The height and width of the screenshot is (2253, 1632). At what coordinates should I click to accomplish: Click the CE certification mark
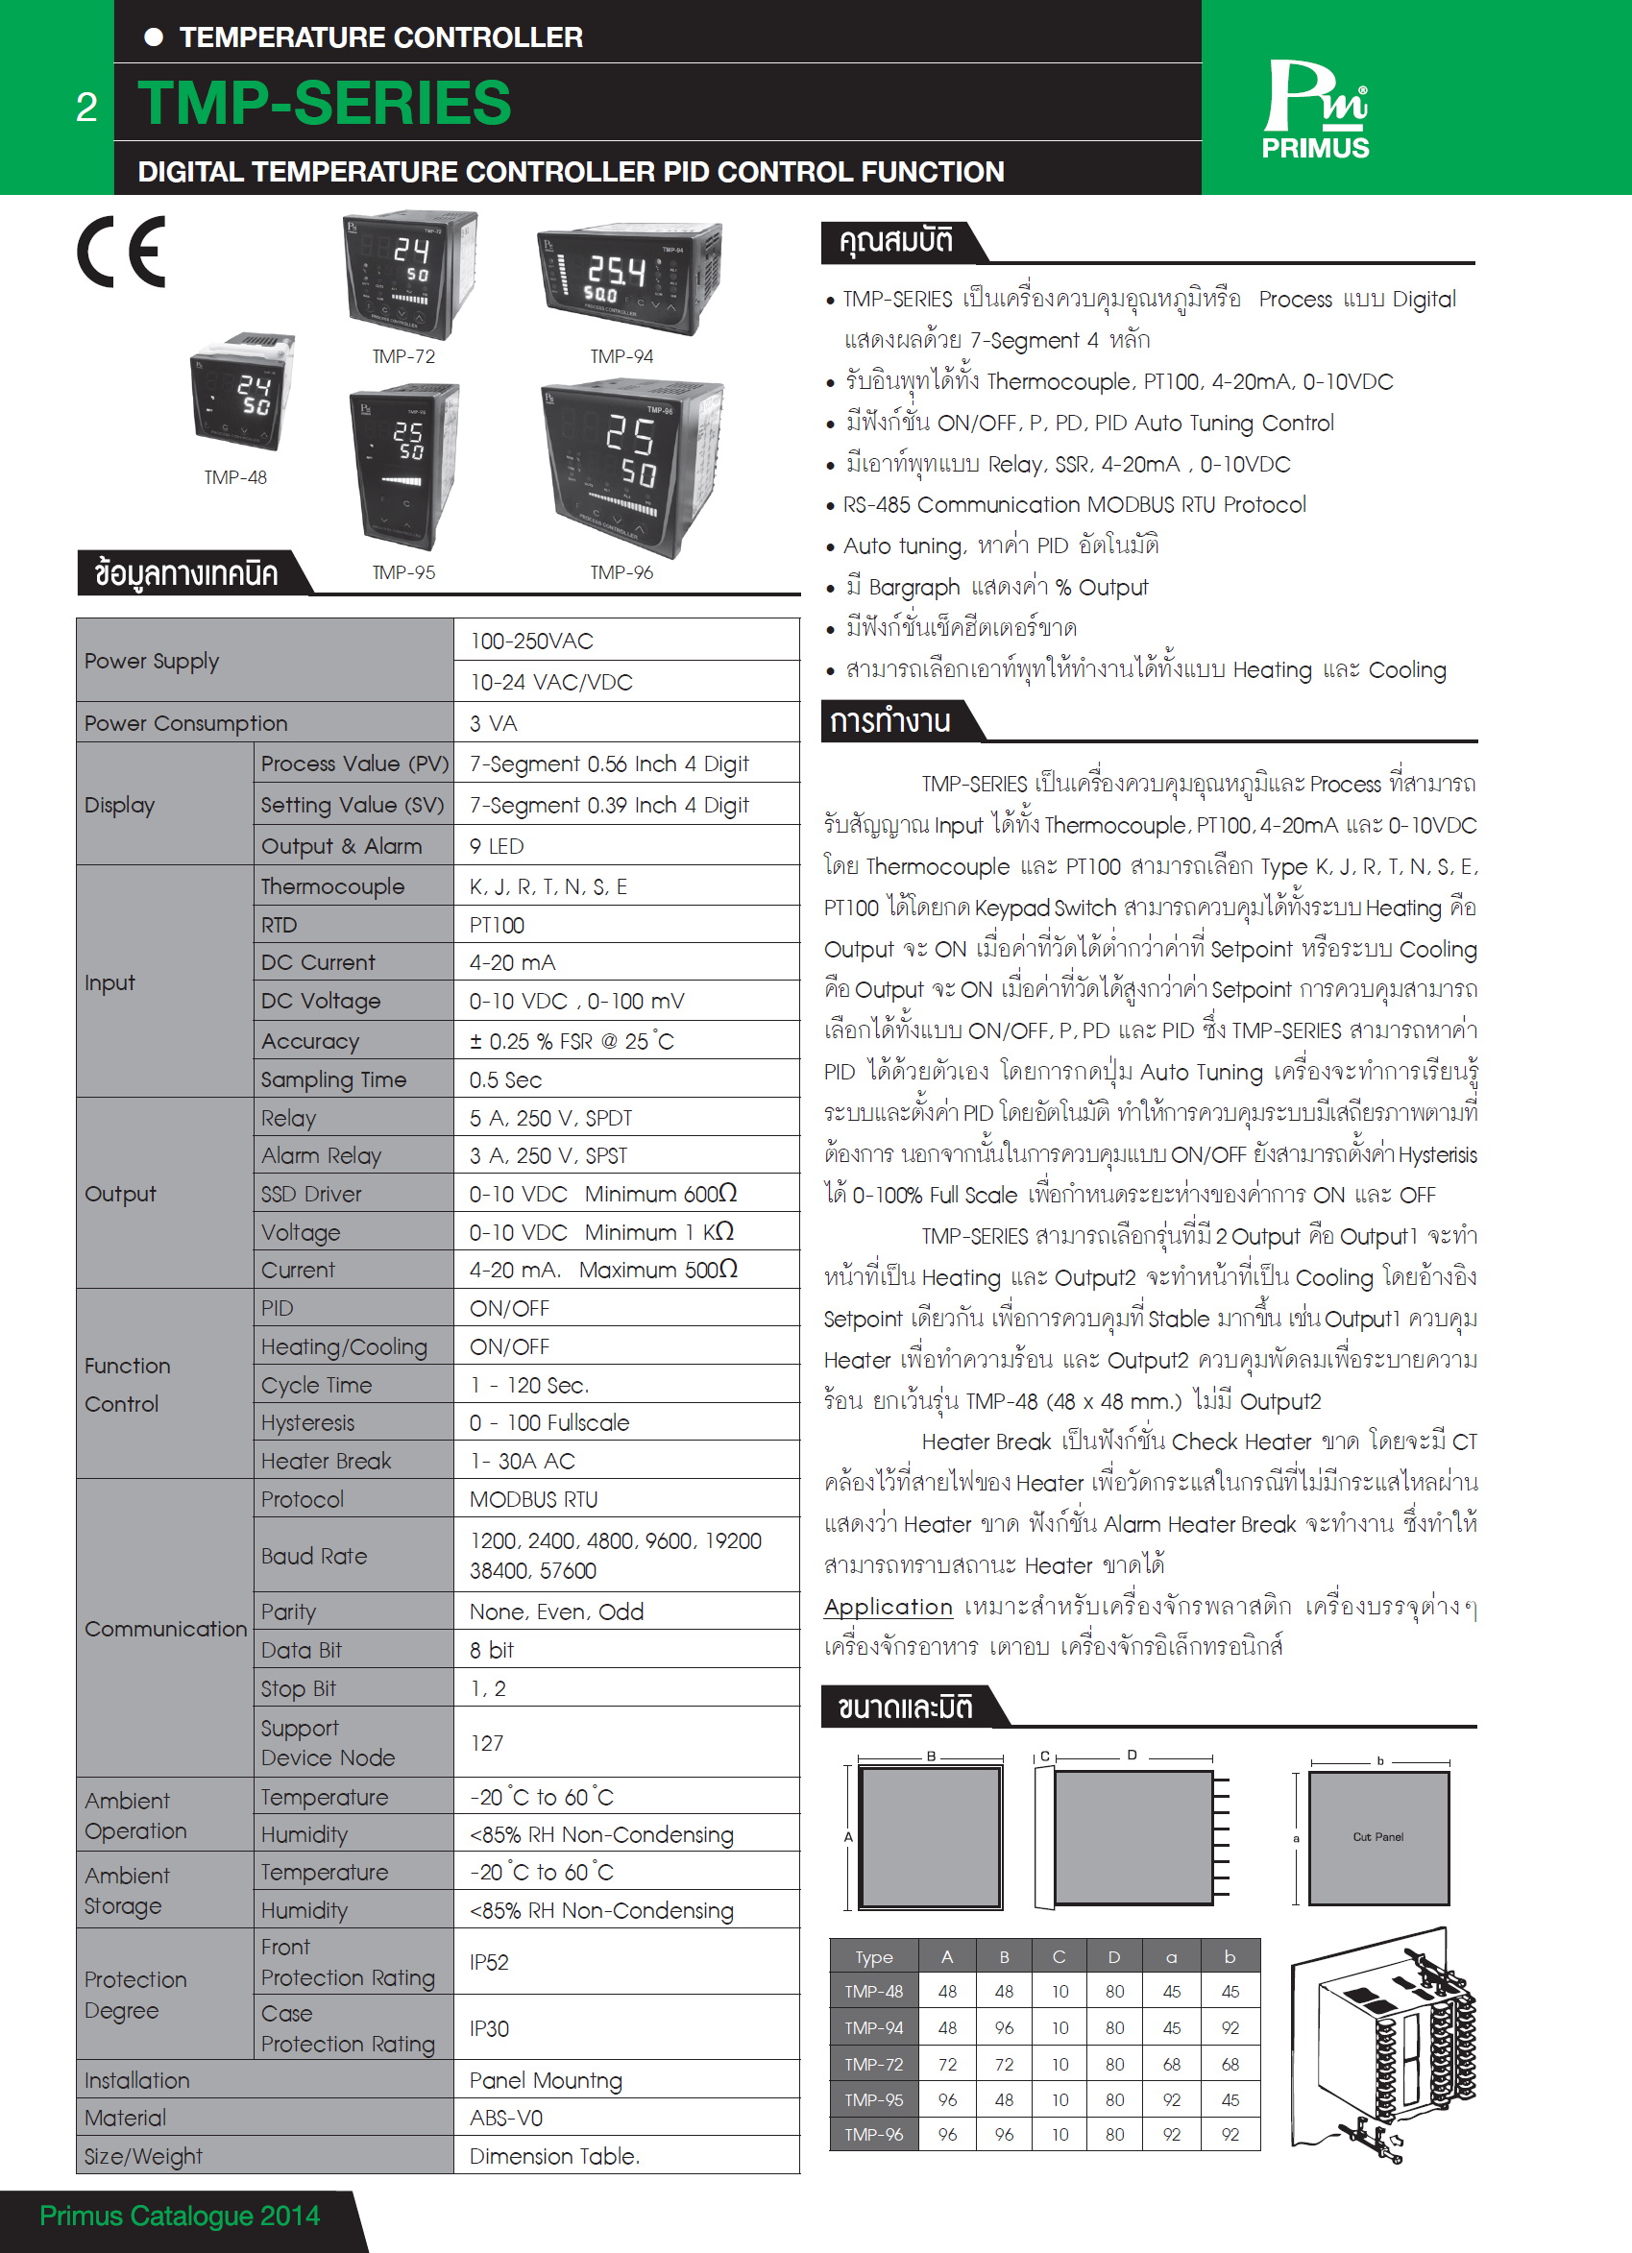(x=122, y=253)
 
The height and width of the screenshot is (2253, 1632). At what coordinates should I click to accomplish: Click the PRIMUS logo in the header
(x=1315, y=109)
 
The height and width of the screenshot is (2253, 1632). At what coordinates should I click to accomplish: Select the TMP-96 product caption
(x=621, y=572)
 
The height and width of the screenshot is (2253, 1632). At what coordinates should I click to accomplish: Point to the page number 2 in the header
(x=86, y=108)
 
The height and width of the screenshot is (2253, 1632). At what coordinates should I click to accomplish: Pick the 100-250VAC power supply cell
(x=531, y=641)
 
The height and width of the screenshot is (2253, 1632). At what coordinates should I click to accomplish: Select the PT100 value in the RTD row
(x=497, y=925)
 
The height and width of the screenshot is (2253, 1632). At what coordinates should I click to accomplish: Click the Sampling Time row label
(x=333, y=1078)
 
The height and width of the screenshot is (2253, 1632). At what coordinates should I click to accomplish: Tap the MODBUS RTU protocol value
(x=533, y=1499)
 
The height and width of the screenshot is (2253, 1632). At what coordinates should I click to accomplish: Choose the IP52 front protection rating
(x=489, y=1962)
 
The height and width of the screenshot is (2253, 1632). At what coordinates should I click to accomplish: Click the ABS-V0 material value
(x=505, y=2118)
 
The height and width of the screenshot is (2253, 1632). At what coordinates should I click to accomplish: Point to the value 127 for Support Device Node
(x=487, y=1743)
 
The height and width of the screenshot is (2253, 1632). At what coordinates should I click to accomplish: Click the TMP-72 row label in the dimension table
(x=873, y=2064)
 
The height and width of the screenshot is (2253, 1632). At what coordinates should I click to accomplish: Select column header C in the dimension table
(x=1059, y=1957)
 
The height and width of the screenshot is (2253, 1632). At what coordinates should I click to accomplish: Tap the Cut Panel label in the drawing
(x=1377, y=1837)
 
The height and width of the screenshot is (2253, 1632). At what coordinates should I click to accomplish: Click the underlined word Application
(x=888, y=1608)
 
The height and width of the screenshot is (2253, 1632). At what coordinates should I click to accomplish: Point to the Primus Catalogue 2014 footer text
(x=180, y=2217)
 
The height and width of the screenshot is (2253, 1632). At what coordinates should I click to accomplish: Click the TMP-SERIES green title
(x=324, y=104)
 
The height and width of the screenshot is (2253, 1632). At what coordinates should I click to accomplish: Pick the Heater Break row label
(x=326, y=1462)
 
